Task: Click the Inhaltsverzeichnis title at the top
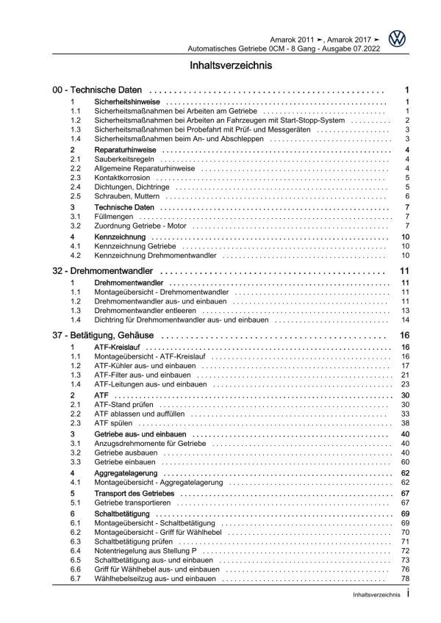(221, 65)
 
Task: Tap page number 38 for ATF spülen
(405, 425)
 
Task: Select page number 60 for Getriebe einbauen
(405, 463)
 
